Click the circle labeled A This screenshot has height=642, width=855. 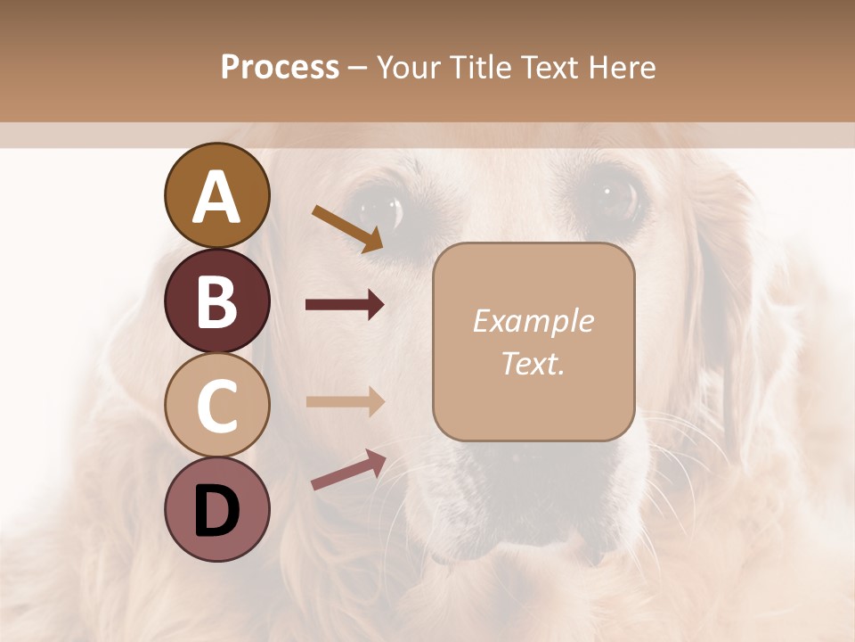(217, 196)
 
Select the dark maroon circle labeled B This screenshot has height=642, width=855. (217, 301)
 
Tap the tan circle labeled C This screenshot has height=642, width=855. (217, 405)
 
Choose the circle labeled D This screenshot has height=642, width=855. (217, 509)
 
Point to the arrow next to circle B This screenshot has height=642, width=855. (345, 305)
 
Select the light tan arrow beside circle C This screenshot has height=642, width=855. (345, 401)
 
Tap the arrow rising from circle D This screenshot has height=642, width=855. (348, 470)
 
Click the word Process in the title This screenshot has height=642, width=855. (280, 67)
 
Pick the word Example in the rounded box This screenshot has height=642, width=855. (533, 321)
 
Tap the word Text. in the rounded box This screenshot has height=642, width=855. (533, 363)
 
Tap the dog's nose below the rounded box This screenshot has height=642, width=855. (525, 464)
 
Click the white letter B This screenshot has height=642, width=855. (217, 301)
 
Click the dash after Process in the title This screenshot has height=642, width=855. (358, 68)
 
